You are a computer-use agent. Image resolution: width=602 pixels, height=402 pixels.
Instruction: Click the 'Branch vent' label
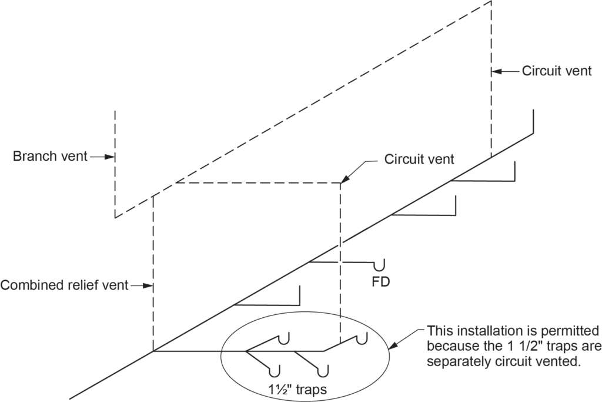tap(50, 157)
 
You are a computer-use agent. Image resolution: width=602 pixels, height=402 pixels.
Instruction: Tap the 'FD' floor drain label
tap(381, 282)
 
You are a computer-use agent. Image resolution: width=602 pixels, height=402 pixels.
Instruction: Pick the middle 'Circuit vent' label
tap(419, 160)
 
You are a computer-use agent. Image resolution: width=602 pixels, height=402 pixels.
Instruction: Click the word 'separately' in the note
tap(459, 361)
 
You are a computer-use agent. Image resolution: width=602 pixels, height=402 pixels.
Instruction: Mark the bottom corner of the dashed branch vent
tap(115, 217)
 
